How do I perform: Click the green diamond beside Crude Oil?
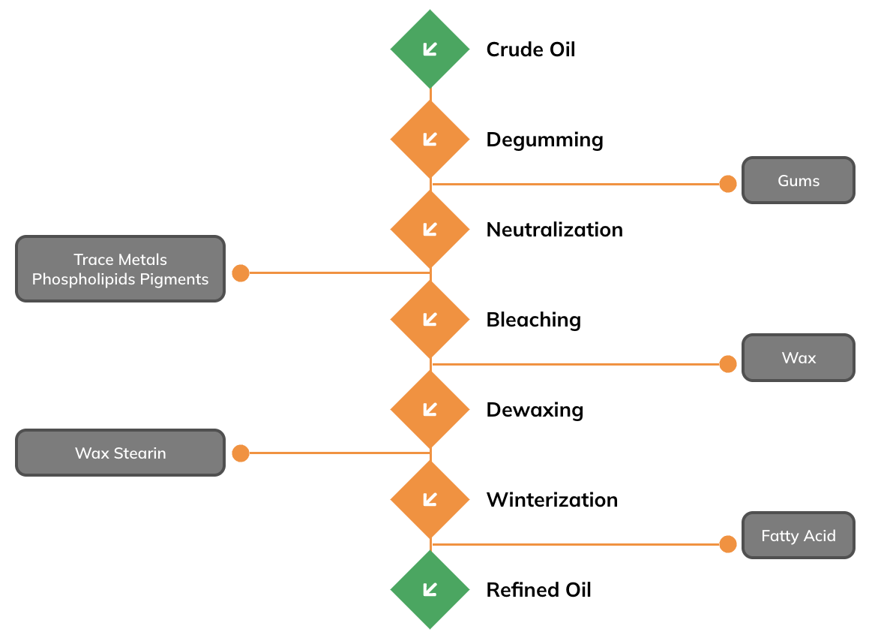tap(430, 50)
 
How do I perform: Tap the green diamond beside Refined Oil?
tap(430, 589)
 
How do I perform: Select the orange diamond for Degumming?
tap(430, 139)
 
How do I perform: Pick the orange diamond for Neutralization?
tap(430, 229)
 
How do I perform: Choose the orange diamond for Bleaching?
tap(430, 319)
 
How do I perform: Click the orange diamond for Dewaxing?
tap(430, 410)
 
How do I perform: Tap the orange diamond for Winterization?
tap(430, 500)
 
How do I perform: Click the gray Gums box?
tap(798, 180)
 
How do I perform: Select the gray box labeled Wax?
tap(798, 357)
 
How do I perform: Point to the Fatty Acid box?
tap(798, 535)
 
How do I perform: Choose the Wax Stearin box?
tap(121, 453)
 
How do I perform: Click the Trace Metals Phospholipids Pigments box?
tap(121, 269)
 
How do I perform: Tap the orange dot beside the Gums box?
tap(728, 184)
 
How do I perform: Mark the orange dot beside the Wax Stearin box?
tap(241, 453)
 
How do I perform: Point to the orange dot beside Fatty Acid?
tap(728, 544)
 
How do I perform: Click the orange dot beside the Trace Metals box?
tap(241, 273)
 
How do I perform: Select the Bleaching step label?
tap(534, 321)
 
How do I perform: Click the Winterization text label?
tap(552, 500)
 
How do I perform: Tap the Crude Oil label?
tap(531, 50)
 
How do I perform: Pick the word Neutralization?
tap(555, 230)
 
